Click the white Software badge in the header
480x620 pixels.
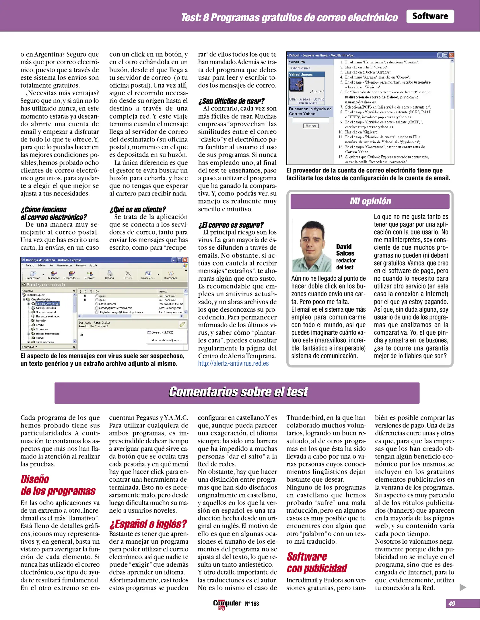430,16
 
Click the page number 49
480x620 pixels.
452,604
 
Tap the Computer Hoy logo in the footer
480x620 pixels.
227,604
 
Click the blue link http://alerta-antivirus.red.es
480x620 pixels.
233,363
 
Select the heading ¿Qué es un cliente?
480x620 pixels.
137,210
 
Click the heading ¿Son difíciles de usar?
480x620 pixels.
231,101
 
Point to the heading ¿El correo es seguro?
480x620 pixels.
231,225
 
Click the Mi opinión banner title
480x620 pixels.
370,201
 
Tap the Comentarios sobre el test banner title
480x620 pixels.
238,392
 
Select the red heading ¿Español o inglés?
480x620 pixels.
148,524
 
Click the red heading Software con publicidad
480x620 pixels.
316,562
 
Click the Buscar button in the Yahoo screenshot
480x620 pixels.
311,126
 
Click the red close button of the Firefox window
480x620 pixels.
451,55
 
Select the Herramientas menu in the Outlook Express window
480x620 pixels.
65,266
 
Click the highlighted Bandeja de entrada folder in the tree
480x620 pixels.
47,303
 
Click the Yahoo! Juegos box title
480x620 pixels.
301,74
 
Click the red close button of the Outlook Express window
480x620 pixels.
185,260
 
